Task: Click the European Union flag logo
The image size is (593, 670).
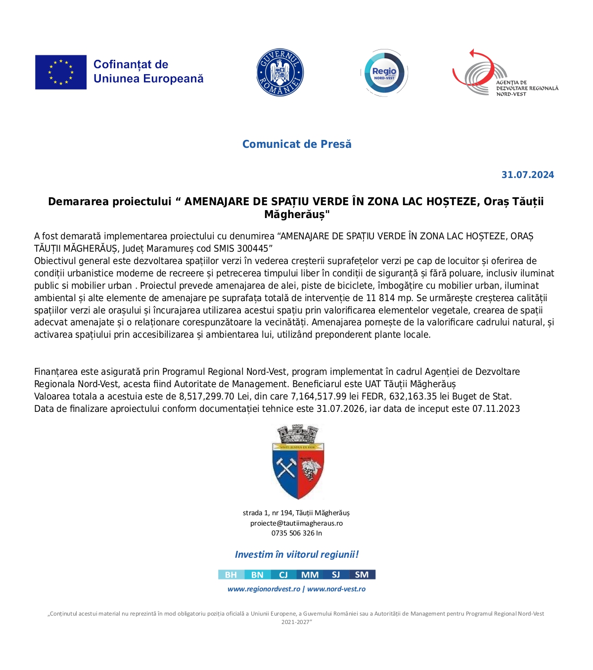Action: [61, 72]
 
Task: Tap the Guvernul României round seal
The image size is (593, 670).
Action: [280, 73]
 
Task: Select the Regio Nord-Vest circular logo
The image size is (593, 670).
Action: [384, 73]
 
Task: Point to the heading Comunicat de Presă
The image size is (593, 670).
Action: [297, 144]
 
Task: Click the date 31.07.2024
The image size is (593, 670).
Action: [528, 175]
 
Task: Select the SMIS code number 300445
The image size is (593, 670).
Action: [252, 249]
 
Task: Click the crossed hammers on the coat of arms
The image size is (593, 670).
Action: [286, 467]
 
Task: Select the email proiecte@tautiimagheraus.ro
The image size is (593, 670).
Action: [296, 523]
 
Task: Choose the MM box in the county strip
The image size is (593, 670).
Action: [310, 575]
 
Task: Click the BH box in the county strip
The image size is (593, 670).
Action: [231, 575]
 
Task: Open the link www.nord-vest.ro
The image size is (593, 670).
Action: [336, 589]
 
